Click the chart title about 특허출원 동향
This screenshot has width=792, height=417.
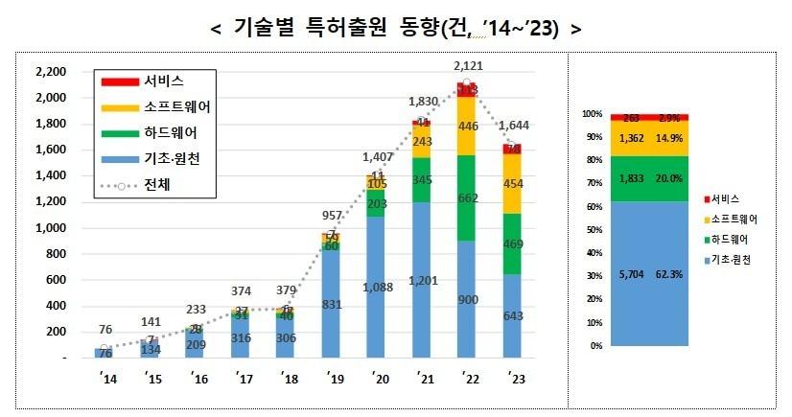(x=395, y=28)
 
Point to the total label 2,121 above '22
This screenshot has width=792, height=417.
(x=467, y=64)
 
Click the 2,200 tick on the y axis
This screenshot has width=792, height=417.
(x=50, y=72)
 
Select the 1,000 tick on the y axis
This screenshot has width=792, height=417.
(x=50, y=228)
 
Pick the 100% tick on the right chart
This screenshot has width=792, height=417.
(x=591, y=114)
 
